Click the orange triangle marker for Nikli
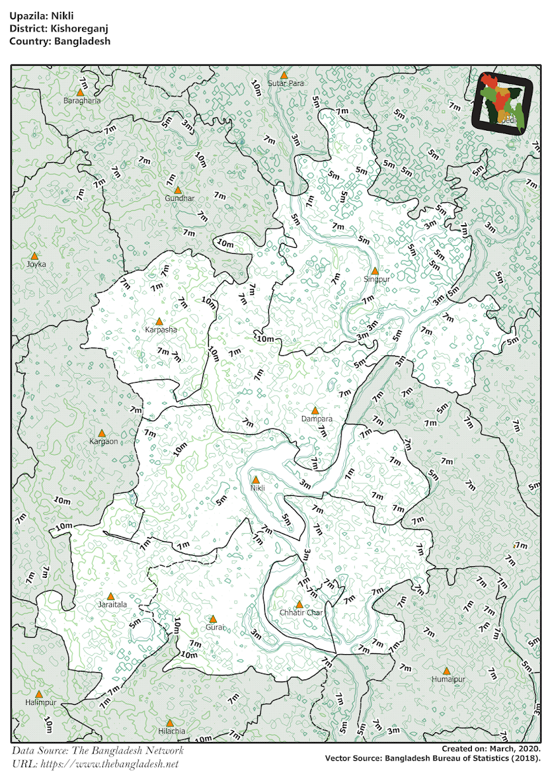[255, 480]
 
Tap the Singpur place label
[376, 279]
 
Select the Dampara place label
[317, 419]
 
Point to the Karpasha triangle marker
[159, 322]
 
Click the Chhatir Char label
[301, 613]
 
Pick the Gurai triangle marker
[213, 619]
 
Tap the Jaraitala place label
[112, 605]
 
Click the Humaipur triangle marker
[447, 671]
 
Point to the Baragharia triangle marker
[81, 93]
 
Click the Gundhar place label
[180, 198]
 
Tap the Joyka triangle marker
[34, 256]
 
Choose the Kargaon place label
[103, 441]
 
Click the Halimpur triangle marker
[39, 695]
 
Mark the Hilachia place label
[171, 731]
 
